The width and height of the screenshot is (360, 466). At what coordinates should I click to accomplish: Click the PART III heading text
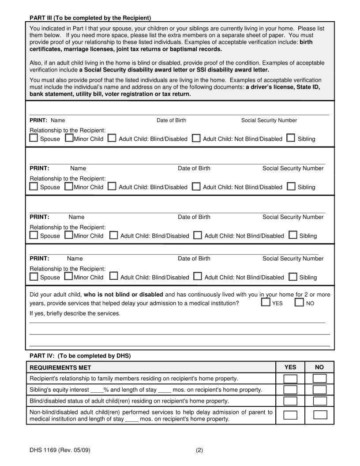(x=90, y=18)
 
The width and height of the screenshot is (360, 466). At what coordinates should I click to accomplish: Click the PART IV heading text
(x=80, y=356)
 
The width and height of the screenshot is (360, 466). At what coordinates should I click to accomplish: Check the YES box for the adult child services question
(x=266, y=303)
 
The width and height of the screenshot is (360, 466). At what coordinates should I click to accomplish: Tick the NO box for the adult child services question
(x=300, y=303)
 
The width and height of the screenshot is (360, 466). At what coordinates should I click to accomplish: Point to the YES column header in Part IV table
(x=290, y=367)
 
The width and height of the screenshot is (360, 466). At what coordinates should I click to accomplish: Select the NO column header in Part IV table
(x=319, y=367)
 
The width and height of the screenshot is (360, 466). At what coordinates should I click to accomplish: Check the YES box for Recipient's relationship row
(x=290, y=379)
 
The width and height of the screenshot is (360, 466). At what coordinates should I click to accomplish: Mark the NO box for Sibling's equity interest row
(x=319, y=390)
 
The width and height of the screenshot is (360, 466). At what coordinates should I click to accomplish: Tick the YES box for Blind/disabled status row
(x=290, y=401)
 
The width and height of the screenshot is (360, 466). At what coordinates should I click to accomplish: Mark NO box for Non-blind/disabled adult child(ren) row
(x=320, y=415)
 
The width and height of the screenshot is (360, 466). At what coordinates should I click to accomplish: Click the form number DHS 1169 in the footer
(x=56, y=451)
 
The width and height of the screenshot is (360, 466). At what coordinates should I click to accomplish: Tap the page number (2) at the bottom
(x=199, y=451)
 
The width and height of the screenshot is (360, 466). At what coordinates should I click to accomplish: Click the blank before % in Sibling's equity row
(x=97, y=390)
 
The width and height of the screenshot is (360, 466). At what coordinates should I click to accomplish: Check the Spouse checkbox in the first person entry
(x=34, y=138)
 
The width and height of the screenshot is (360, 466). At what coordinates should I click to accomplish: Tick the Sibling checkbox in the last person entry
(x=292, y=277)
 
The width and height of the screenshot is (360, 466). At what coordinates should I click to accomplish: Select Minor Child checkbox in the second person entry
(x=69, y=187)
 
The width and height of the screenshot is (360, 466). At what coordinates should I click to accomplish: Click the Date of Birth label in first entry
(x=171, y=120)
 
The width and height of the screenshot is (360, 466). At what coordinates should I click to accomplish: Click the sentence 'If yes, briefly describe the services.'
(x=75, y=313)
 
